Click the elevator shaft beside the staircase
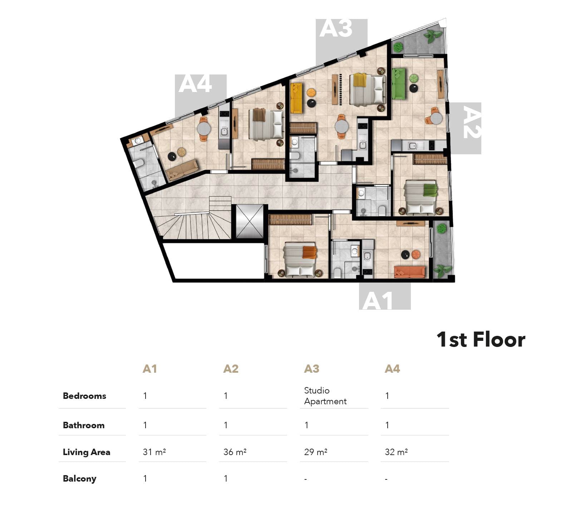point(250,221)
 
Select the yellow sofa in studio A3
point(296,98)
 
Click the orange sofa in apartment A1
point(409,272)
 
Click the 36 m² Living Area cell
point(235,452)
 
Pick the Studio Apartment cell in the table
point(325,396)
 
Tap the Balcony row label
point(79,479)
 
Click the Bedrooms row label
point(84,396)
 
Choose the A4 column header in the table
point(392,368)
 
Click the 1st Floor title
point(481,339)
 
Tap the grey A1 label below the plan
point(385,296)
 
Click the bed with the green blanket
point(421,198)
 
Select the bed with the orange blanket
point(300,260)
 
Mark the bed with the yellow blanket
point(367,89)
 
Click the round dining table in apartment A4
point(204,128)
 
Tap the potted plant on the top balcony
point(433,36)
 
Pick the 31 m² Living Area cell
point(154,452)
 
